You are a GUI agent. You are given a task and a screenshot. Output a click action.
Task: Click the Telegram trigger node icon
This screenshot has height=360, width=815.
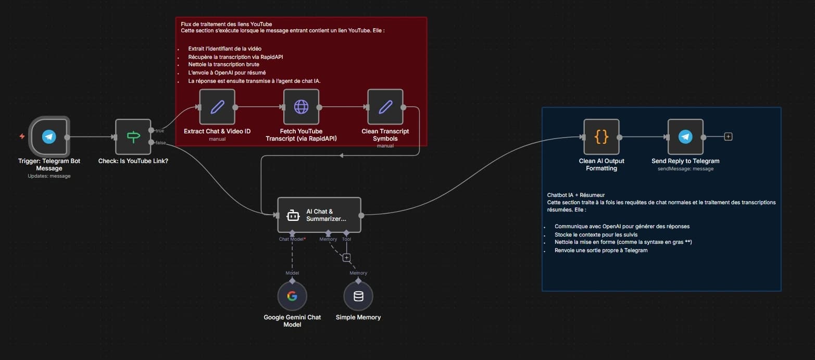point(49,137)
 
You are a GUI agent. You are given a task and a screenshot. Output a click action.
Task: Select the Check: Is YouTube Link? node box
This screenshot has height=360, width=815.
point(133,137)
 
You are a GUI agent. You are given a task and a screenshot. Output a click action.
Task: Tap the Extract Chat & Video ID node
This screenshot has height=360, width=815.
point(217,107)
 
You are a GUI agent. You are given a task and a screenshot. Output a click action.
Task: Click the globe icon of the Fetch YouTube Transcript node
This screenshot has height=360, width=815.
point(301,107)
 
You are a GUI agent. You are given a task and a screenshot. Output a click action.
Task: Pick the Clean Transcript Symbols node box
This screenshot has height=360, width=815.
point(385,107)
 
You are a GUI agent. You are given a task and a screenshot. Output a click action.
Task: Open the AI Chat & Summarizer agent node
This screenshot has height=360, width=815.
point(319,215)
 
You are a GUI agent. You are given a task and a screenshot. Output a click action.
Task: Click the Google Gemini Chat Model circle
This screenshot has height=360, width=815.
point(292,296)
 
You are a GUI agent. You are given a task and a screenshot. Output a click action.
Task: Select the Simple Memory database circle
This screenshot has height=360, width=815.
point(358,296)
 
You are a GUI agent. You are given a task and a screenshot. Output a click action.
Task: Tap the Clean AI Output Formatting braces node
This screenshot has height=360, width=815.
point(601,137)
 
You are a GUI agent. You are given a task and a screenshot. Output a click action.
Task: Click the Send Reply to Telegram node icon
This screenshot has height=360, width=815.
point(685,137)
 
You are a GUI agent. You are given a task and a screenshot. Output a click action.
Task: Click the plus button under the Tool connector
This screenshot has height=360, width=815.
point(346,257)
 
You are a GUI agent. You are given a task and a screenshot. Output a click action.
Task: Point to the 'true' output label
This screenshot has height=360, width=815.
point(160,131)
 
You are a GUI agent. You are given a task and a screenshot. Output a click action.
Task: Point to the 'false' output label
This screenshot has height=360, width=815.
point(160,142)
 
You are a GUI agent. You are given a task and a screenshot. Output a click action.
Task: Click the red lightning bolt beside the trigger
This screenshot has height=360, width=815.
point(22,136)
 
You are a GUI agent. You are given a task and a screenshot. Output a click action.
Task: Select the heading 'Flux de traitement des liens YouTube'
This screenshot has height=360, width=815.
point(226,24)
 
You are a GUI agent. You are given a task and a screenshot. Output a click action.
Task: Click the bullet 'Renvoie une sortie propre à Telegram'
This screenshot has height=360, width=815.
point(601,251)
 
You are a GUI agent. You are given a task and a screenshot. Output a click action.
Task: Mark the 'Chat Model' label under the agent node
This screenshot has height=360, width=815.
point(292,239)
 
